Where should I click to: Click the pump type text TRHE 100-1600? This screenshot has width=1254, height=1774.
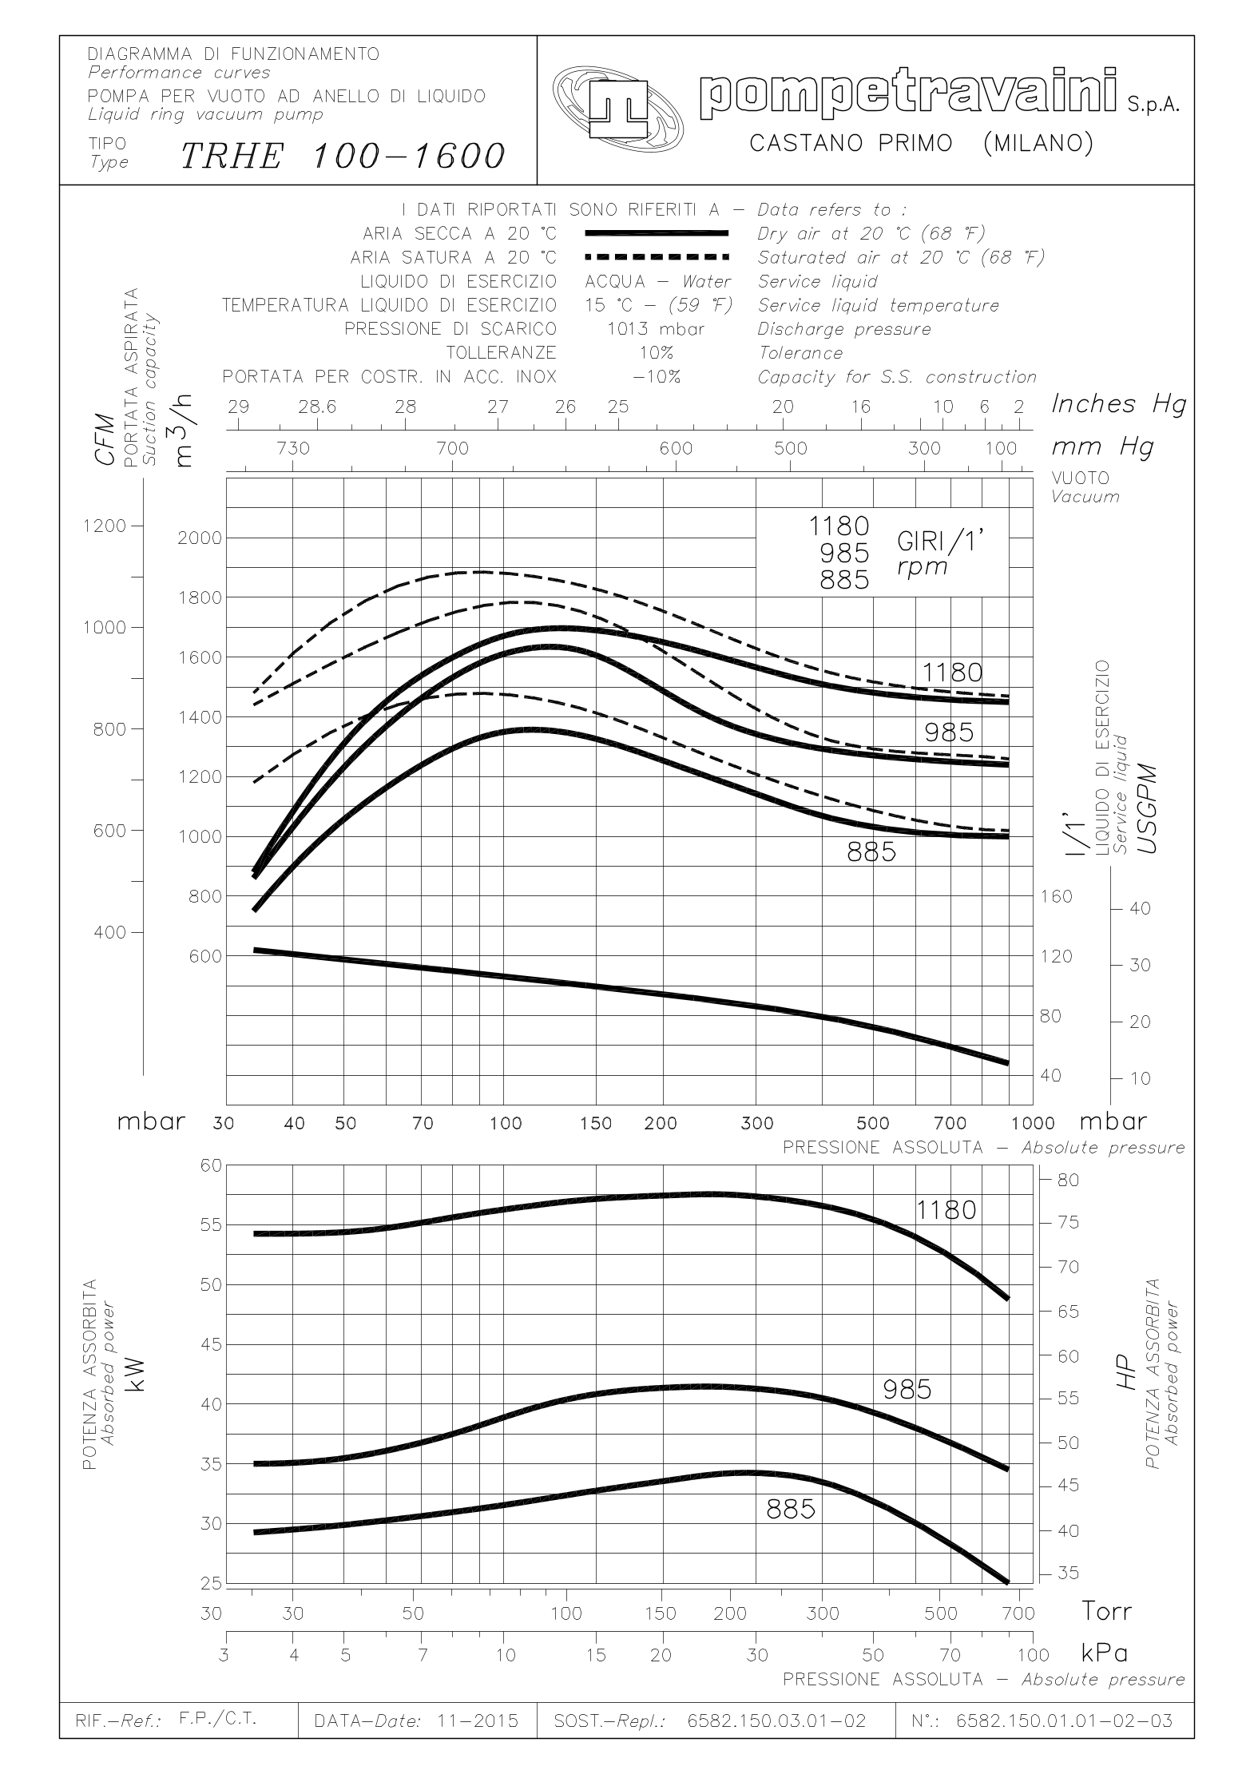pyautogui.click(x=343, y=156)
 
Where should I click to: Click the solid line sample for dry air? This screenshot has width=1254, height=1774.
pyautogui.click(x=657, y=233)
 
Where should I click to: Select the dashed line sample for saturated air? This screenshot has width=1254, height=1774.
pyautogui.click(x=657, y=257)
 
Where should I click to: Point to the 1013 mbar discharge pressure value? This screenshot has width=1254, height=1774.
pyautogui.click(x=657, y=329)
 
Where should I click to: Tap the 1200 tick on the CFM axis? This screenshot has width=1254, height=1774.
pyautogui.click(x=104, y=526)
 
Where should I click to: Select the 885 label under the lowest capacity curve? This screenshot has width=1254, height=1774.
pyautogui.click(x=871, y=853)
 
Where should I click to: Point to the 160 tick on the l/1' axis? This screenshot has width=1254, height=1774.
pyautogui.click(x=1057, y=896)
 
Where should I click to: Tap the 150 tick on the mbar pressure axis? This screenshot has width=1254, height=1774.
pyautogui.click(x=596, y=1124)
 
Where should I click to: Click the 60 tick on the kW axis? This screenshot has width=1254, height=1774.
pyautogui.click(x=206, y=1165)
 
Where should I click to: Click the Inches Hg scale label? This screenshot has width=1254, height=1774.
pyautogui.click(x=1117, y=404)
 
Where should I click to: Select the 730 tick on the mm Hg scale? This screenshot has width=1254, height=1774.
pyautogui.click(x=292, y=448)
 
